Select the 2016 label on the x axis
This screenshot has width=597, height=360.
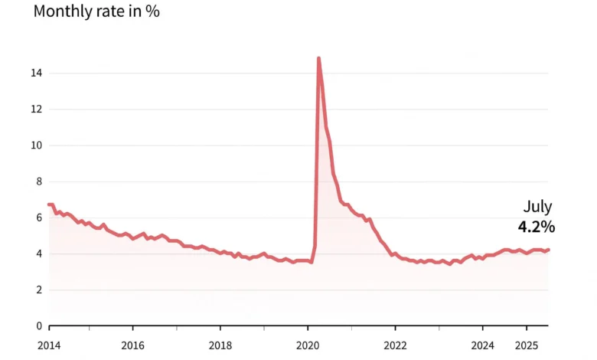click(133, 345)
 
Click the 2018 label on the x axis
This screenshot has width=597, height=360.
click(220, 345)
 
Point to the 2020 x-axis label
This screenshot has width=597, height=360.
click(308, 345)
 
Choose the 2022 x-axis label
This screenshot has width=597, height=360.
click(395, 345)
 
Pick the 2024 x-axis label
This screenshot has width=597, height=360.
click(482, 345)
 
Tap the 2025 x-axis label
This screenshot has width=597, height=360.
click(526, 345)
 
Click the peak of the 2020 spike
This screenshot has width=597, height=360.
click(318, 58)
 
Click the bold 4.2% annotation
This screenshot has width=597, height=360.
click(537, 227)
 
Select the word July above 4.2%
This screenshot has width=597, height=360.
click(537, 207)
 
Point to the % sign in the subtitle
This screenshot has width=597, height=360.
click(153, 12)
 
